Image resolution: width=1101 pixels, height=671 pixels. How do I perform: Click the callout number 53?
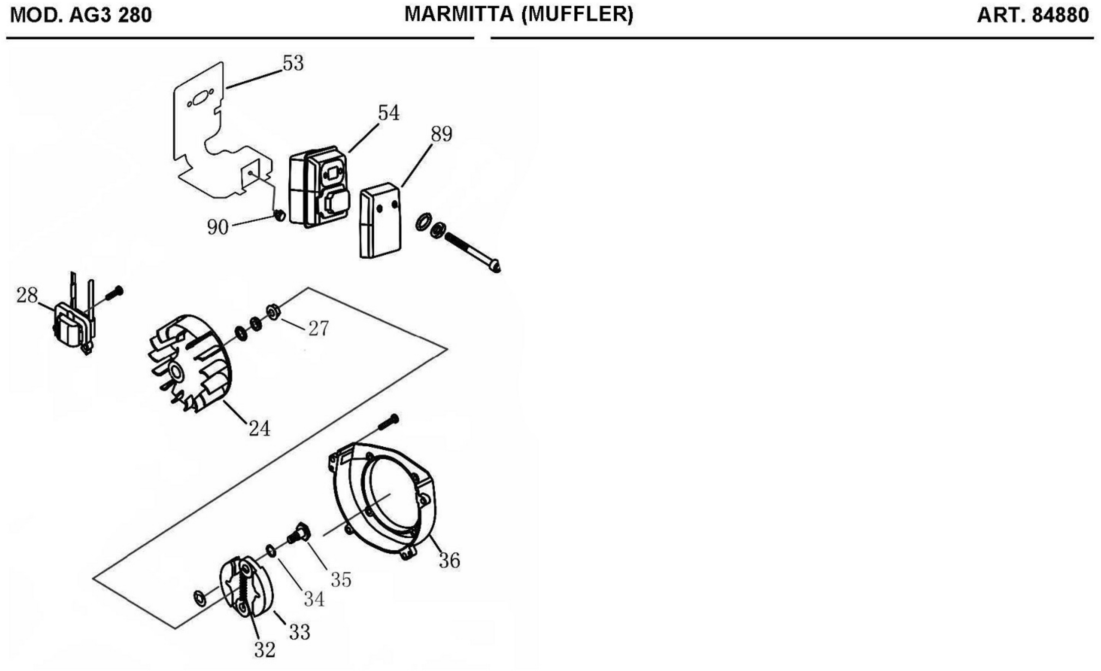293,63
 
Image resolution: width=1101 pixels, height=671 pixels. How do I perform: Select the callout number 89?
441,134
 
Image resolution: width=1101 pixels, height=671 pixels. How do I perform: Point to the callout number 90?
218,227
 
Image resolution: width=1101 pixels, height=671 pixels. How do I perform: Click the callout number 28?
27,296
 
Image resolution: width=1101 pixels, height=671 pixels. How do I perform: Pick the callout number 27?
318,328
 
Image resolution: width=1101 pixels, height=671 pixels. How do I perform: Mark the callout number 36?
449,560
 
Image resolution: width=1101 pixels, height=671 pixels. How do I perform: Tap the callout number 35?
341,580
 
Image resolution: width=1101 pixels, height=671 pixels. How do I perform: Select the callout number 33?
299,632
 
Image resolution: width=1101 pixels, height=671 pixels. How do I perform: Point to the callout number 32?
265,650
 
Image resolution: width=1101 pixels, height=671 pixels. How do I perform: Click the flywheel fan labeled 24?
190,364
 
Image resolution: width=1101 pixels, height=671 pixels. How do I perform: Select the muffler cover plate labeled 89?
381,221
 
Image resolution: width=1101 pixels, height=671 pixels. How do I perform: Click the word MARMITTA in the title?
459,15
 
